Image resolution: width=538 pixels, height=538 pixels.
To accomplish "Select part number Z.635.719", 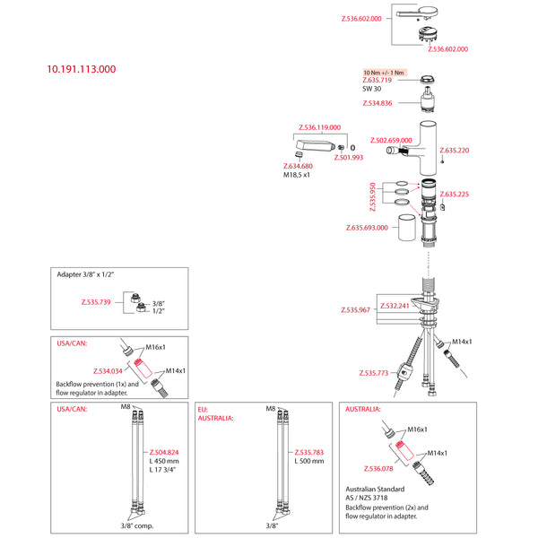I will click(x=379, y=81).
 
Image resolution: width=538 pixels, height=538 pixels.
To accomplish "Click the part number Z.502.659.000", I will click(x=392, y=140).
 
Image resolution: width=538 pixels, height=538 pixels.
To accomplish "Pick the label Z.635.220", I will click(x=452, y=151).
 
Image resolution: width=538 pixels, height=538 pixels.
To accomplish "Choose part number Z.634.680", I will click(x=298, y=167).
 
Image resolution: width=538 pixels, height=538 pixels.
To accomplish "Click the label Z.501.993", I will click(x=348, y=158).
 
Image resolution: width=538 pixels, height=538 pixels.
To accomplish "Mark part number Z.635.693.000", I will click(x=371, y=228).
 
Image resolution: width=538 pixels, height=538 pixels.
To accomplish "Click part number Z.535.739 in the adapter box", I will click(x=95, y=303).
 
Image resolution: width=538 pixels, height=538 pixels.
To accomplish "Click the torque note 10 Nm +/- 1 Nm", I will click(x=384, y=72).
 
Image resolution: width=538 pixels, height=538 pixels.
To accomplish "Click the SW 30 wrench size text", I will click(x=372, y=89).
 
